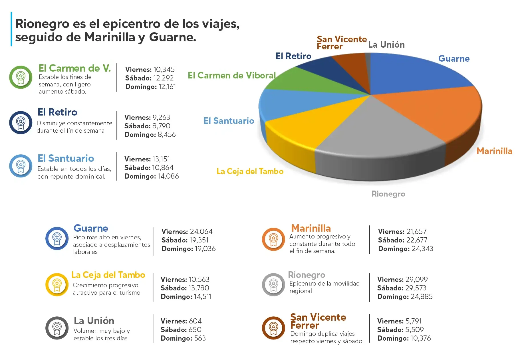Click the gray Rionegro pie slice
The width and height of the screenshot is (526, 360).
tap(377, 128)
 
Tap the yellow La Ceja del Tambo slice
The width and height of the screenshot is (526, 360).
tap(305, 126)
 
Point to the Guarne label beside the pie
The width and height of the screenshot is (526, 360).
tap(454, 59)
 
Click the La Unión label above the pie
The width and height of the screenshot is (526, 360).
tap(386, 45)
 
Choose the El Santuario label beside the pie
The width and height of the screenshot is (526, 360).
tap(229, 121)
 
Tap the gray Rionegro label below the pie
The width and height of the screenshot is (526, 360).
tap(388, 194)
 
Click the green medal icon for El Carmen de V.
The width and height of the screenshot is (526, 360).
tap(21, 77)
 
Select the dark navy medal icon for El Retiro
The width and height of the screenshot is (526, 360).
tap(21, 122)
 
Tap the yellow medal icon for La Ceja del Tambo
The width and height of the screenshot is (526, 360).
tap(57, 284)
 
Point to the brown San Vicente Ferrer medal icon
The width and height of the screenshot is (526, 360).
tap(273, 328)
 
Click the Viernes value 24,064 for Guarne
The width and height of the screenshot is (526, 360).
tap(201, 232)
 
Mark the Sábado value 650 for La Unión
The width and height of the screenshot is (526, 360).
tap(195, 330)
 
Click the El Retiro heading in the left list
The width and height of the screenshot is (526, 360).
tap(57, 112)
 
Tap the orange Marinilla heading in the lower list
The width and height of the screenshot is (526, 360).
tap(311, 228)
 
